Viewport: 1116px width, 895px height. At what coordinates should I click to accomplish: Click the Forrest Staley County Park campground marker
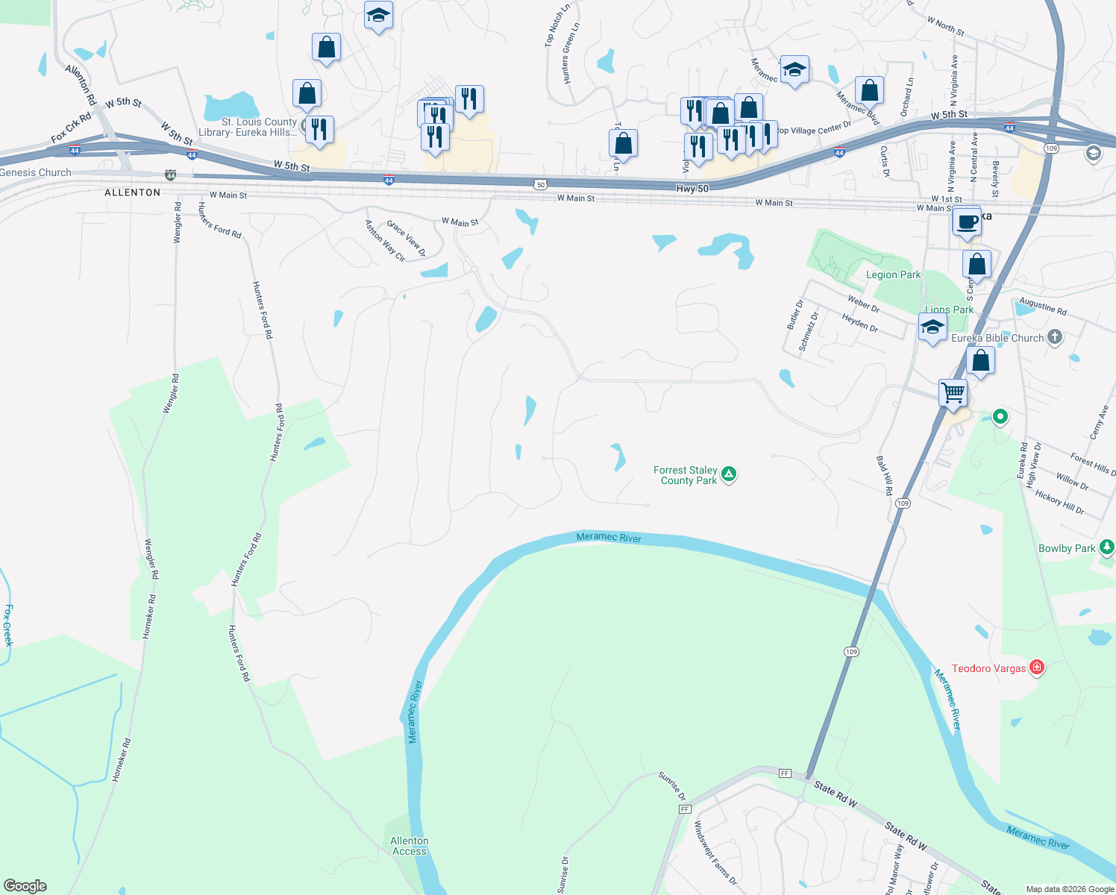[x=729, y=474]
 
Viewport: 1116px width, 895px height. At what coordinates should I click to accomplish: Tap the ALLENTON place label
[x=132, y=192]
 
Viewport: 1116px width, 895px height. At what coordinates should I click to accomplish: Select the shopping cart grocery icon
[x=953, y=391]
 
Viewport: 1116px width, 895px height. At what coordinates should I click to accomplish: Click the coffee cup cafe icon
[x=967, y=222]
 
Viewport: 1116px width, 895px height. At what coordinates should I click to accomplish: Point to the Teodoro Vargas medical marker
[x=1036, y=667]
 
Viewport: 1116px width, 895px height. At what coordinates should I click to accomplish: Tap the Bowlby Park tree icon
[x=1107, y=547]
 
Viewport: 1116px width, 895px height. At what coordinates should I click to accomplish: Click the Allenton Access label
[x=410, y=846]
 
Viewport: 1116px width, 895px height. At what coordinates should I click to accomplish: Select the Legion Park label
[x=893, y=274]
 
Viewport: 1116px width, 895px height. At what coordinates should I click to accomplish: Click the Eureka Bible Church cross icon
[x=1054, y=336]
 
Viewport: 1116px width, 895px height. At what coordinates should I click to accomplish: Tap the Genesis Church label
[x=36, y=172]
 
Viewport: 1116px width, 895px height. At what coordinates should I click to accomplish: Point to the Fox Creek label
[x=8, y=625]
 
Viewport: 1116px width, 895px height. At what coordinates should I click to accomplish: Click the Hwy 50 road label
[x=692, y=189]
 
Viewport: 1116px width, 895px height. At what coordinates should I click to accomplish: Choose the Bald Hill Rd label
[x=884, y=476]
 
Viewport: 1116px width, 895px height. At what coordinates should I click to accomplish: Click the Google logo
[x=25, y=885]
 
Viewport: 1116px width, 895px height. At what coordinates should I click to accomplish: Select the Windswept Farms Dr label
[x=715, y=853]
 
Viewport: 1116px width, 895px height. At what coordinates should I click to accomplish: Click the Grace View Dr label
[x=406, y=238]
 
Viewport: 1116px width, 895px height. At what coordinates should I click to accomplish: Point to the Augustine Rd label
[x=1043, y=306]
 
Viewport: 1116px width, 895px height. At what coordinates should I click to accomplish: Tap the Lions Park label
[x=949, y=310]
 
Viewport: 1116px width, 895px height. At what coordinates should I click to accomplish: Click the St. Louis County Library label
[x=259, y=127]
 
